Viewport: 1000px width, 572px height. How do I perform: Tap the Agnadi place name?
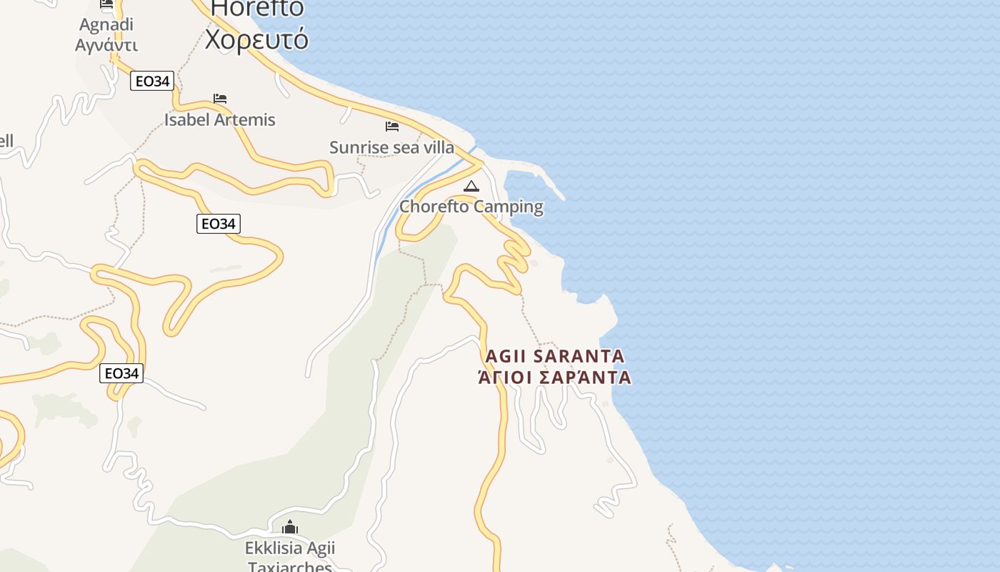106,24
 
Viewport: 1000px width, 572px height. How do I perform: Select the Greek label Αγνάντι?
106,45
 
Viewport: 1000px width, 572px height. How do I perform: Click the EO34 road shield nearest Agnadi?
153,82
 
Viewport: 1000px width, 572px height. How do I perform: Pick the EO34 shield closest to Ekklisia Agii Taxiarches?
121,373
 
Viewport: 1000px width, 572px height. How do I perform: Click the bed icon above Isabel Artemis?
220,99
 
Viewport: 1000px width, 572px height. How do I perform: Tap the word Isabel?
186,119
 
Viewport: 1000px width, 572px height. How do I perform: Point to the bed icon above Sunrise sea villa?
391,127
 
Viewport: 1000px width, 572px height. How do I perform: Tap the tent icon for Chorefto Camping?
471,187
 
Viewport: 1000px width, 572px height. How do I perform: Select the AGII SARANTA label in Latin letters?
554,356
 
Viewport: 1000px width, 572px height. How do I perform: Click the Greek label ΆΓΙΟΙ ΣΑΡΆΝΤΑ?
554,378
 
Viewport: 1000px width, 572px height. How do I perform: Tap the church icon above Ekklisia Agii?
290,528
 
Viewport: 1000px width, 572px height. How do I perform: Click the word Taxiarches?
290,567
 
